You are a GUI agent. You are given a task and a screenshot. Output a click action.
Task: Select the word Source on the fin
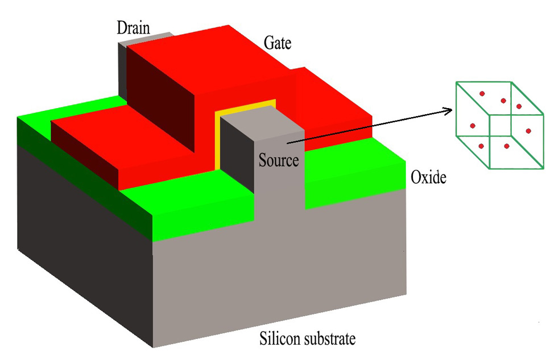279,160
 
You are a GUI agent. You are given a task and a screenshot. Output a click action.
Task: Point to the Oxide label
428,178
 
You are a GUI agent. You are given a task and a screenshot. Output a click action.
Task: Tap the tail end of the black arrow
288,143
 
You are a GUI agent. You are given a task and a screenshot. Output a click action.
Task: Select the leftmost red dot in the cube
472,126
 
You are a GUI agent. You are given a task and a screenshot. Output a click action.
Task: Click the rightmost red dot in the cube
528,131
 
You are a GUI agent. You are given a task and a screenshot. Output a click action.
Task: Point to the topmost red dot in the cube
482,93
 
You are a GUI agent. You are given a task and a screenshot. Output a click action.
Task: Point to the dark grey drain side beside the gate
122,68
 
